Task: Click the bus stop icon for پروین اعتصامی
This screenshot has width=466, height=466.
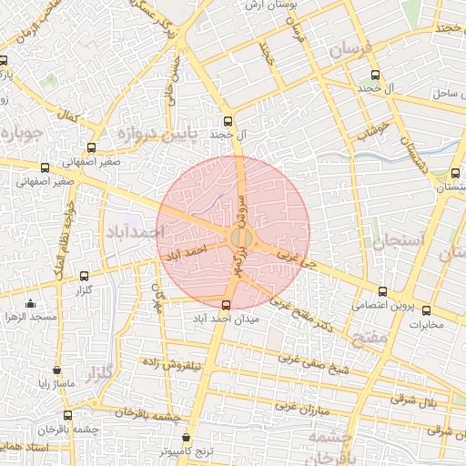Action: [381, 293]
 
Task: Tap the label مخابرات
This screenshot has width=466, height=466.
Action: [424, 324]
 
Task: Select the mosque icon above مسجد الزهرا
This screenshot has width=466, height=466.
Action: [31, 304]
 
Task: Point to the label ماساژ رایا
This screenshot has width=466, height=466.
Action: [56, 384]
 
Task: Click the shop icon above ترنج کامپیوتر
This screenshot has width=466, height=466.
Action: [187, 437]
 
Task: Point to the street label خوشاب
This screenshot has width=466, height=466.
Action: [374, 133]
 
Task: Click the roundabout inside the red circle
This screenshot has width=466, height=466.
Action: [240, 238]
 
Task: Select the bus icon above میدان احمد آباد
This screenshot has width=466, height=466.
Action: [227, 304]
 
